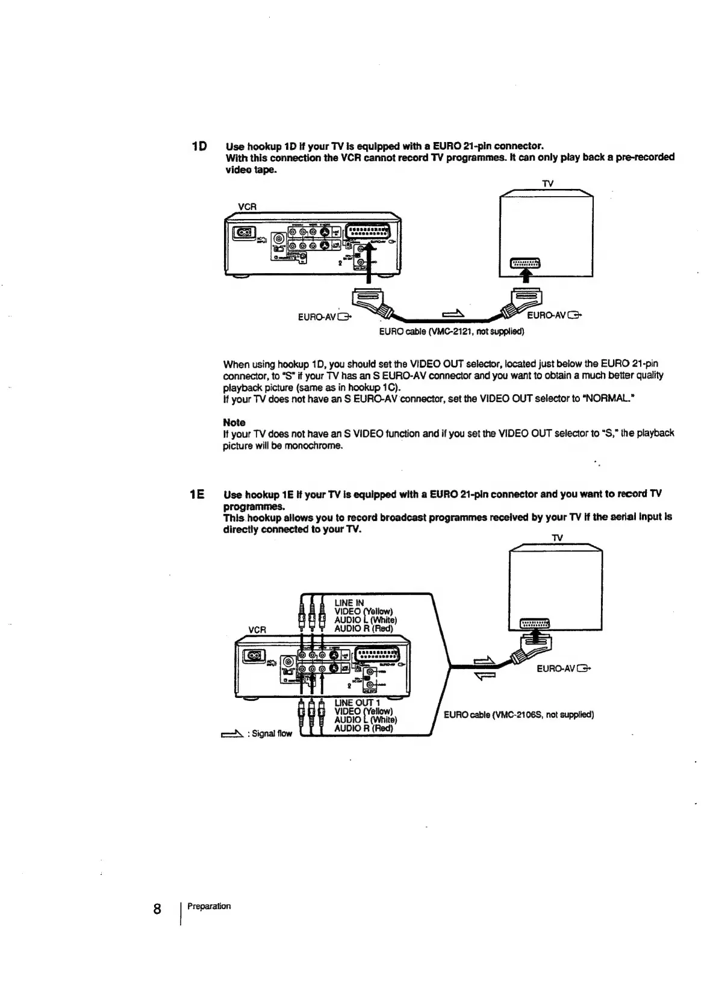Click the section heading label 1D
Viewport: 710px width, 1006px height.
tap(199, 146)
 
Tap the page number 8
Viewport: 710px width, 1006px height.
tap(157, 909)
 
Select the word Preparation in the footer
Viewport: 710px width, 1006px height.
tap(209, 906)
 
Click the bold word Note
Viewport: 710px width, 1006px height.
tap(234, 422)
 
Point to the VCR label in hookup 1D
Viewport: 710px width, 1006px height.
tap(248, 206)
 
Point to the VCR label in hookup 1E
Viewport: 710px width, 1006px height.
tap(257, 629)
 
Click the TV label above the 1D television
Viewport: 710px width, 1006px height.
tap(547, 183)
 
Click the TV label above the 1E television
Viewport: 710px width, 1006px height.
tap(557, 537)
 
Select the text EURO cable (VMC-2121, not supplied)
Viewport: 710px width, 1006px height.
tap(451, 331)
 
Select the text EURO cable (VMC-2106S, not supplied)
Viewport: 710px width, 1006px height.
tap(518, 715)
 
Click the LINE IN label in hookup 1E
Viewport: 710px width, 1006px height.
tap(349, 603)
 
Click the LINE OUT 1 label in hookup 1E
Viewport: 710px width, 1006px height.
tap(357, 703)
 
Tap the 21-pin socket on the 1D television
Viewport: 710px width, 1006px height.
tap(526, 262)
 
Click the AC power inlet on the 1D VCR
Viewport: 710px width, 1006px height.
tap(246, 232)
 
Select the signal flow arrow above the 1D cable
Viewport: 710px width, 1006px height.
tap(453, 312)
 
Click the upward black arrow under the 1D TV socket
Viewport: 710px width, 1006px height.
tap(527, 275)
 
